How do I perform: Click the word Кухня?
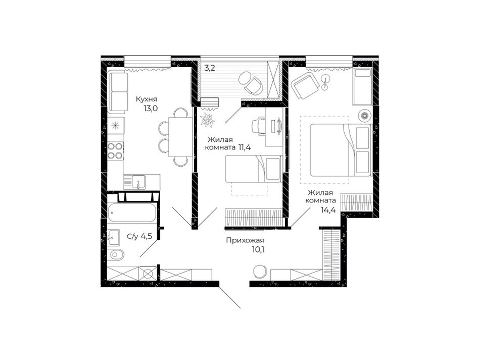pyautogui.click(x=147, y=99)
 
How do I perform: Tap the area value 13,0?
pyautogui.click(x=150, y=108)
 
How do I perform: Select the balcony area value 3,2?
pyautogui.click(x=210, y=68)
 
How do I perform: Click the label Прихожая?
pyautogui.click(x=245, y=240)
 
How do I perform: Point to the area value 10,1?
pyautogui.click(x=258, y=250)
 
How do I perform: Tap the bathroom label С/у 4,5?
pyautogui.click(x=139, y=236)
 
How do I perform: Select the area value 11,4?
pyautogui.click(x=245, y=148)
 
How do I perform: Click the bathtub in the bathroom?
pyautogui.click(x=132, y=213)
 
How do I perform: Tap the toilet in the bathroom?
pyautogui.click(x=116, y=254)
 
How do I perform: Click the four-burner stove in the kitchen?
pyautogui.click(x=115, y=151)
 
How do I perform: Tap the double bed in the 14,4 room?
pyautogui.click(x=341, y=150)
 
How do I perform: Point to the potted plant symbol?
pyautogui.click(x=207, y=119)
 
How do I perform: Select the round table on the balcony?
pyautogui.click(x=245, y=79)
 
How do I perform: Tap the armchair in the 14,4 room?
pyautogui.click(x=305, y=86)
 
